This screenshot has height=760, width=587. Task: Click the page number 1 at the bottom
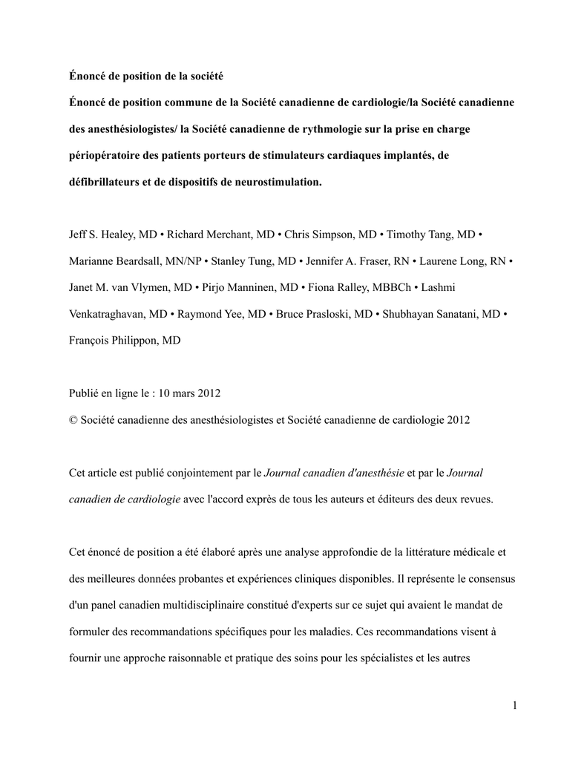(514, 705)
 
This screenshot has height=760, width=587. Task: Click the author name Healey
(119, 235)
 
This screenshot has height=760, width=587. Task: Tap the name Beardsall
(153, 261)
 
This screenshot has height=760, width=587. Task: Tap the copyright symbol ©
(73, 420)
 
